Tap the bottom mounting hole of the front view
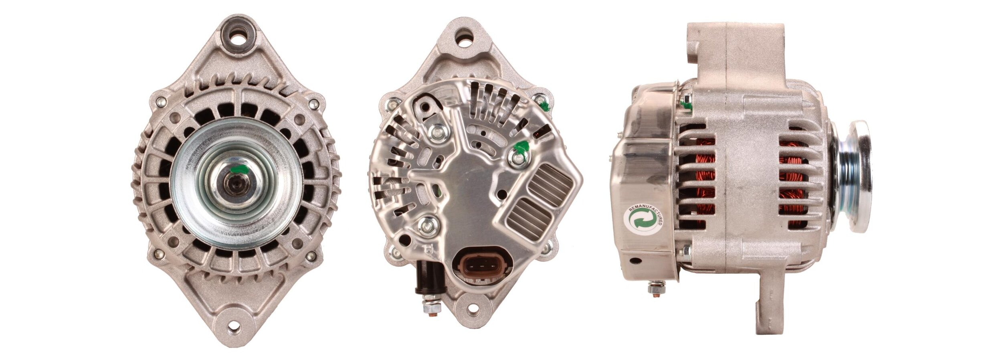pos(234,328)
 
